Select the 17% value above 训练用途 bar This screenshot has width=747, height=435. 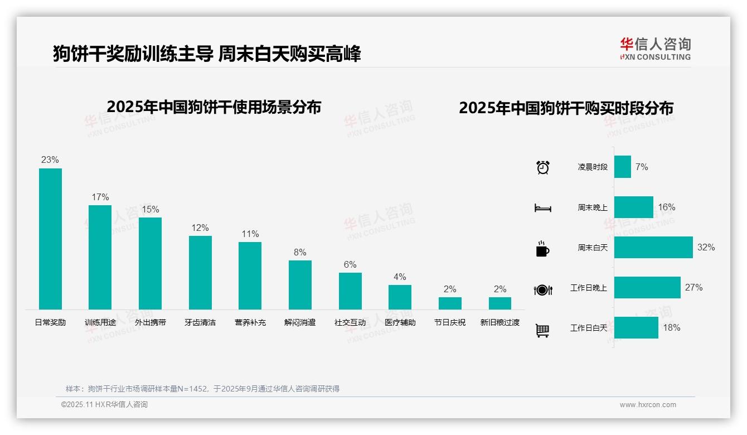pos(100,197)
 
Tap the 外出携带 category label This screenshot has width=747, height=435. pos(151,322)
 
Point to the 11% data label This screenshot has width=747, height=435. pos(250,234)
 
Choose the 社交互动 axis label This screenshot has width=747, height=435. pos(350,322)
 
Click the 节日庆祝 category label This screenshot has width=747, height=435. pos(450,322)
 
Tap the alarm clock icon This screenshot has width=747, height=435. pos(543,167)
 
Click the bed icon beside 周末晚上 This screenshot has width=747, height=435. pos(543,208)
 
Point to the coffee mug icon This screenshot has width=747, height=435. pos(542,249)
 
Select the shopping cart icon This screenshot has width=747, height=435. pos(542,330)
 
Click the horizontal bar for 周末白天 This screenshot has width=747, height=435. pos(653,247)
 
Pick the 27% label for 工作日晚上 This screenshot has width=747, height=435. pos(694,288)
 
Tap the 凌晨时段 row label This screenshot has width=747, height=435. pos(593,167)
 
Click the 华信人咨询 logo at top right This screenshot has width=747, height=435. pos(656,49)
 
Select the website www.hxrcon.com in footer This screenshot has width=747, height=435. pos(648,405)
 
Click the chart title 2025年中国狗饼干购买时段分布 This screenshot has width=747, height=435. pos(566,108)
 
